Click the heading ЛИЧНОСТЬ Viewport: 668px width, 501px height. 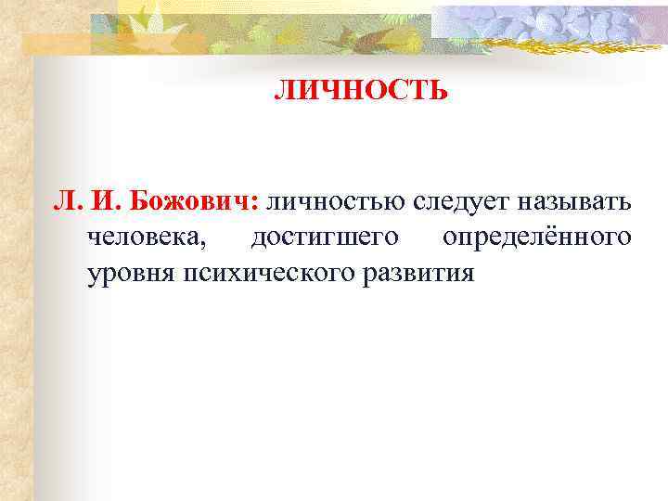pos(361,91)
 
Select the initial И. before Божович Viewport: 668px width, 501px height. pos(105,201)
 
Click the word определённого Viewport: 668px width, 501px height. pos(537,238)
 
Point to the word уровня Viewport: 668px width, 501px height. pos(130,274)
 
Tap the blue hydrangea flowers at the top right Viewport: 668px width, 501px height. pos(557,20)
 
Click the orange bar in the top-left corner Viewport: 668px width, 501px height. pos(56,43)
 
